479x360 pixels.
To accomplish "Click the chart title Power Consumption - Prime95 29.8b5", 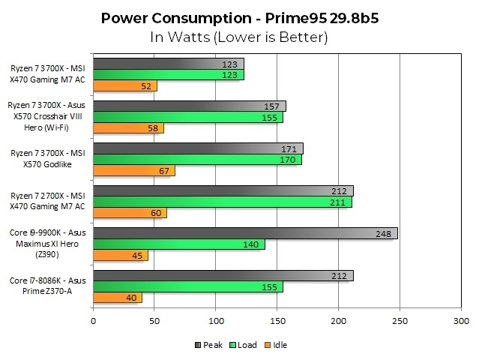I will [x=239, y=16].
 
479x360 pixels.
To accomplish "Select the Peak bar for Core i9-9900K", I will [x=244, y=233].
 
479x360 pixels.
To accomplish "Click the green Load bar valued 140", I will [x=178, y=244].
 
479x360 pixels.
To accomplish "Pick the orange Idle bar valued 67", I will [x=133, y=171].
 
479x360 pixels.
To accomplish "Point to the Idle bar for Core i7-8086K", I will [x=117, y=298].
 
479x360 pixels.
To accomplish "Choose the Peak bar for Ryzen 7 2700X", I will [x=223, y=190].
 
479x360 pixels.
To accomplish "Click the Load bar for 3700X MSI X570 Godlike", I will [x=196, y=160].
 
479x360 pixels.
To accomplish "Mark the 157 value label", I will [x=274, y=106].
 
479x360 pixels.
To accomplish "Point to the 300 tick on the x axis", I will [x=460, y=322].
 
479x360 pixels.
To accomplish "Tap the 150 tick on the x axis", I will [x=277, y=322].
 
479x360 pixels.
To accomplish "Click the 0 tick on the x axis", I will [x=93, y=322].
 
